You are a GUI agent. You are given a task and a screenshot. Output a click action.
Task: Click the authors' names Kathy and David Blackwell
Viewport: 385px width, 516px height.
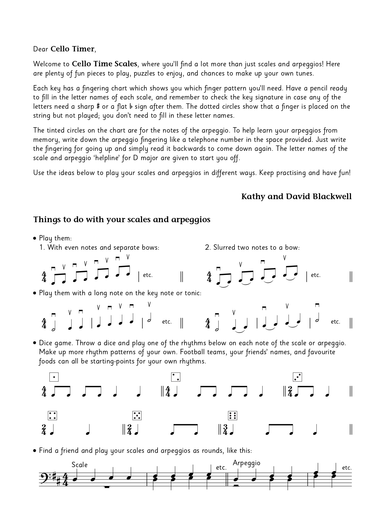296,196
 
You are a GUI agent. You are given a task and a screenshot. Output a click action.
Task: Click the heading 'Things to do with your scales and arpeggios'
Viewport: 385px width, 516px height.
122,219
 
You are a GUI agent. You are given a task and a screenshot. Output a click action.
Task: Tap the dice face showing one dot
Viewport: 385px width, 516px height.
54,377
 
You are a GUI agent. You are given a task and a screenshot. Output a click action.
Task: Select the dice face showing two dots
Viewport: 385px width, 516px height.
176,377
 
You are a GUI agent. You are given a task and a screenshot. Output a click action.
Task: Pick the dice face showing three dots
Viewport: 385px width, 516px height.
297,377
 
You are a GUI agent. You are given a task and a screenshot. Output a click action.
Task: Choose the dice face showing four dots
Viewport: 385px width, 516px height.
52,415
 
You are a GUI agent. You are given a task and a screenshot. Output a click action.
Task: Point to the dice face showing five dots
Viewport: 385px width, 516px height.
137,415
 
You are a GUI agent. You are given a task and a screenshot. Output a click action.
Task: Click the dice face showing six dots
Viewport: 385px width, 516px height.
233,415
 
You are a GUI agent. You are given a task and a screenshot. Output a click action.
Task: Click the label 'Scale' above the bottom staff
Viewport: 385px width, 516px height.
79,465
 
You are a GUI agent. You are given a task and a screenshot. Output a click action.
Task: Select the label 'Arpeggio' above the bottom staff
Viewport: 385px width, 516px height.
247,463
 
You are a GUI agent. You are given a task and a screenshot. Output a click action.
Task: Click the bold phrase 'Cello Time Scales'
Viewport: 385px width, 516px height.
104,64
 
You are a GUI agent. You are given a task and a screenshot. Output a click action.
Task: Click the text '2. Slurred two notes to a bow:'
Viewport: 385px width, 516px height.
252,247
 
